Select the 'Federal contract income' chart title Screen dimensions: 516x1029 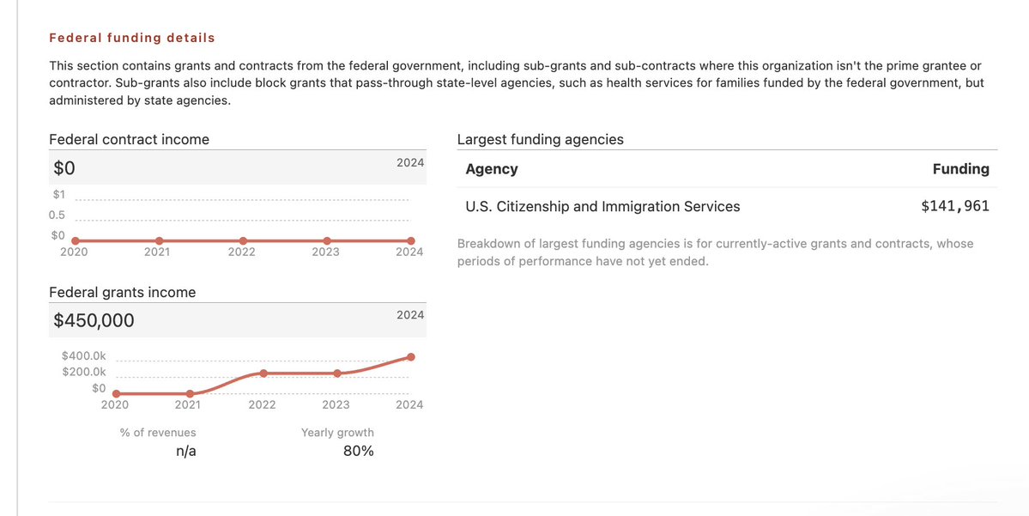(x=129, y=139)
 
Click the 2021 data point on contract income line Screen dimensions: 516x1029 (x=159, y=240)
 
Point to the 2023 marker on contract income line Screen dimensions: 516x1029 (x=327, y=240)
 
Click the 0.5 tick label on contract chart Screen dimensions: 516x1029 (x=58, y=215)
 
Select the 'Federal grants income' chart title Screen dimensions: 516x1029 (x=122, y=292)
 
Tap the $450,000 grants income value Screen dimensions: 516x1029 (x=94, y=320)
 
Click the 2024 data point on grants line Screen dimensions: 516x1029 (x=411, y=357)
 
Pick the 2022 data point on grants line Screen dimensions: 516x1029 (x=263, y=373)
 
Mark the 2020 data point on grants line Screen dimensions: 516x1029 (x=116, y=393)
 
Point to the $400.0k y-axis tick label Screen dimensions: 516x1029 (x=84, y=355)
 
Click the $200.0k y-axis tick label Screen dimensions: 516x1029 (x=84, y=372)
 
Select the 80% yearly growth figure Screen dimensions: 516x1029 (x=358, y=451)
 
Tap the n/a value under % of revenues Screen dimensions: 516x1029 (x=186, y=451)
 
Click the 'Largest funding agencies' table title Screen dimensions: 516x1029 (x=541, y=139)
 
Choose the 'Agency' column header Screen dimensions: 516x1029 (x=492, y=169)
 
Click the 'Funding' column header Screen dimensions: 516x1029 (x=960, y=169)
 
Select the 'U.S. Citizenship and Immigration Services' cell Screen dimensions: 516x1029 (x=602, y=206)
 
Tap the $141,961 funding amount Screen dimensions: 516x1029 (x=954, y=206)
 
